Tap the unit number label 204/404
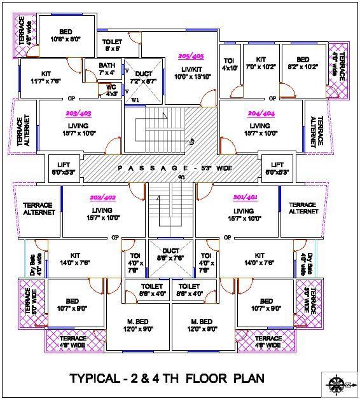click(x=260, y=114)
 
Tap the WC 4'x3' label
click(x=112, y=90)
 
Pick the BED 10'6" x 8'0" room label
click(x=66, y=36)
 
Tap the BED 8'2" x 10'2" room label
click(x=303, y=64)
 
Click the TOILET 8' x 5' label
click(x=112, y=44)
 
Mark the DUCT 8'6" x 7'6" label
click(x=170, y=254)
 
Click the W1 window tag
click(x=134, y=100)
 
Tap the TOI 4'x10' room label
click(x=229, y=64)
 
